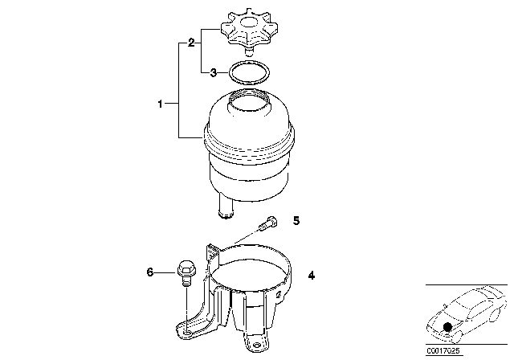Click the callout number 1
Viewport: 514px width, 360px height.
(160, 104)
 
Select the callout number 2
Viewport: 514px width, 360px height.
(191, 43)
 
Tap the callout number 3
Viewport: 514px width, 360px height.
(213, 72)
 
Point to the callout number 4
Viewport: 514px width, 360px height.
(311, 276)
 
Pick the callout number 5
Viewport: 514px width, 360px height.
(296, 221)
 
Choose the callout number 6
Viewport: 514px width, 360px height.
(150, 272)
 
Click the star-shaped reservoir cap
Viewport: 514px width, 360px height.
(249, 30)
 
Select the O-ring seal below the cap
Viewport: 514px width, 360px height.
(249, 73)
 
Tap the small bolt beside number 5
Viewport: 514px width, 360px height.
(267, 223)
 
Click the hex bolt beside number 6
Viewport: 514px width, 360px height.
(186, 272)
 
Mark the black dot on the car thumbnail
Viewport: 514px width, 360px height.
(447, 327)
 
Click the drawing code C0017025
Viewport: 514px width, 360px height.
(443, 351)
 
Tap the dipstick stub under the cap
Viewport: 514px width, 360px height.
(249, 51)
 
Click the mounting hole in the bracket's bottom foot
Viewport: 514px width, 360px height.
(257, 346)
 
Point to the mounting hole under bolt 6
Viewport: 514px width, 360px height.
(187, 333)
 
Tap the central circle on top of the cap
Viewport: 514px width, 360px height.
(250, 22)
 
